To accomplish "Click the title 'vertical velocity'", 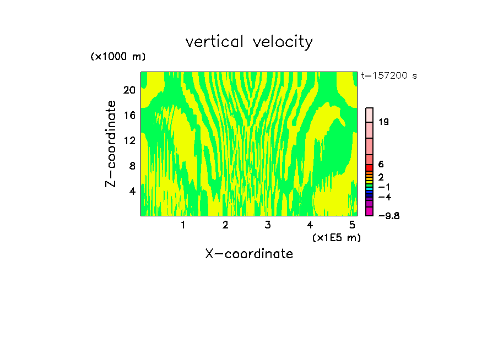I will [249, 42].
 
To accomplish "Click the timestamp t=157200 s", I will [388, 76].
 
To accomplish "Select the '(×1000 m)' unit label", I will [118, 57].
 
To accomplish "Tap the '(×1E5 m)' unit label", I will [336, 237].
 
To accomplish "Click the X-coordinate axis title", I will [249, 254].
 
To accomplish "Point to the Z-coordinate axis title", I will [111, 144].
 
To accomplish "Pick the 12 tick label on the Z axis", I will [129, 140].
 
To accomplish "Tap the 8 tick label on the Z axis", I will [132, 166].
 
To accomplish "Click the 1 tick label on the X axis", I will [183, 225].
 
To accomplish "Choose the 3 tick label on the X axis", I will [267, 225].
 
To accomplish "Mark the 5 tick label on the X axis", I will [352, 225].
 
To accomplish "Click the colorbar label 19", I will [384, 122].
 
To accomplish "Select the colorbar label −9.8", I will [388, 216].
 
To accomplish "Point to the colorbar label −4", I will [385, 197].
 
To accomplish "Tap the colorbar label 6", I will [381, 165].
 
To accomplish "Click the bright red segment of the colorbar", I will [370, 168].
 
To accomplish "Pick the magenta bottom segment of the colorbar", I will [370, 211].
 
